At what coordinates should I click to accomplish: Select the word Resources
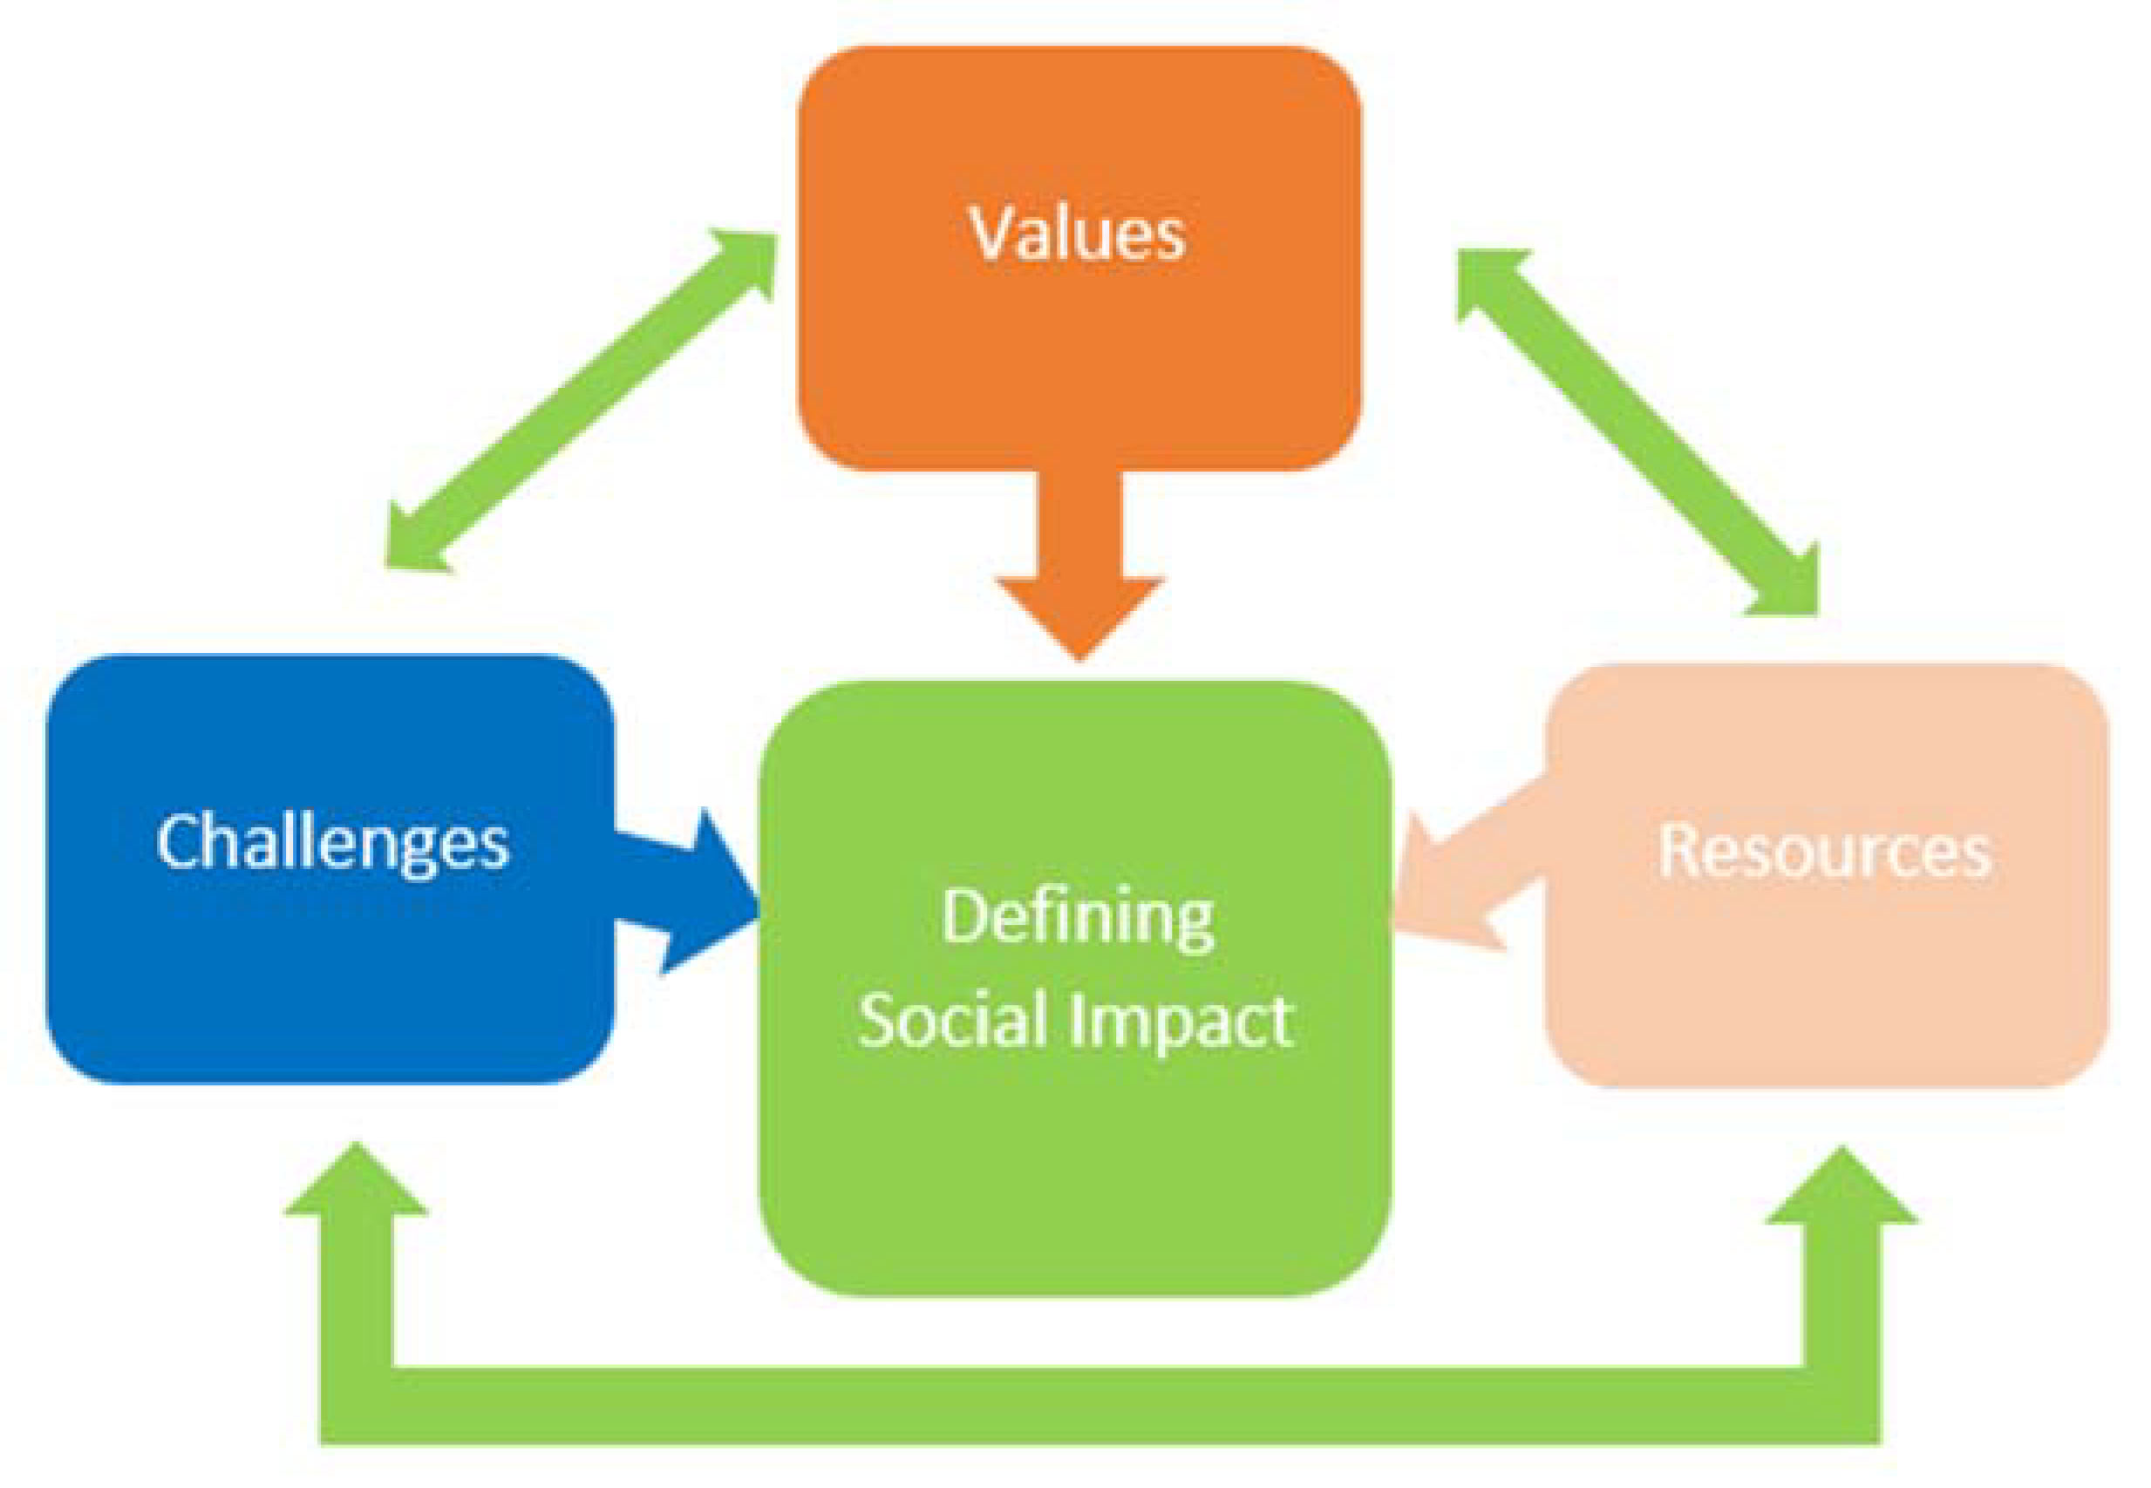[1825, 850]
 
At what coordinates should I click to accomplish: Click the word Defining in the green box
[1077, 919]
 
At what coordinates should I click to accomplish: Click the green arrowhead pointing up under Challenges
[356, 1184]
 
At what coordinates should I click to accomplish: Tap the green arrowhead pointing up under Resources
[1841, 1189]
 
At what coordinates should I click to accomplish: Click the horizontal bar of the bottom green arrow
[1100, 1405]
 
